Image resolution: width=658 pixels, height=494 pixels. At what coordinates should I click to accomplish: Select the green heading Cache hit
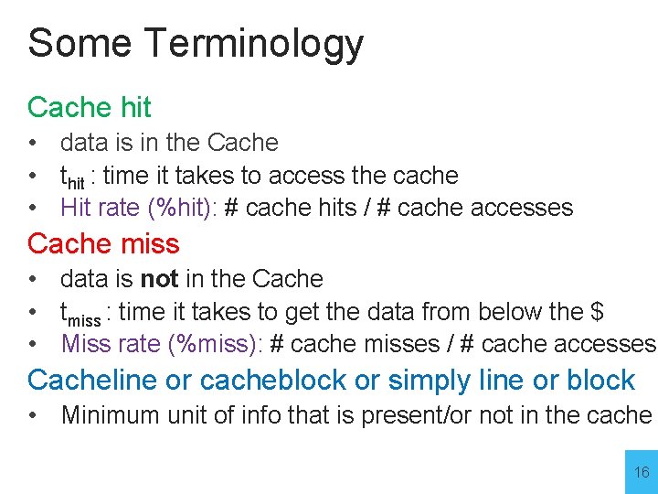(x=90, y=107)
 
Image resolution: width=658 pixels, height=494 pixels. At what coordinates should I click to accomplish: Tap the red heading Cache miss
(x=103, y=244)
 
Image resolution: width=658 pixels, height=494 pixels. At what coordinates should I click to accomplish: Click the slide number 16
(x=642, y=473)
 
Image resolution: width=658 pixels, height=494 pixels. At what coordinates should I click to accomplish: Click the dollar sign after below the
(x=596, y=312)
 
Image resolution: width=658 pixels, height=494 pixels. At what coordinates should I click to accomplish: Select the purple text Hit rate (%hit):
(x=138, y=208)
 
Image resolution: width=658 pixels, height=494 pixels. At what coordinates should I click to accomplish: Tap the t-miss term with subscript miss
(x=80, y=314)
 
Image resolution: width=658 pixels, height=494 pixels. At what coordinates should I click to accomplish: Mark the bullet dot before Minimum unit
(x=33, y=415)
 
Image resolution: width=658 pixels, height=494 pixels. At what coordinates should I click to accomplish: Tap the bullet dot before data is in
(x=33, y=143)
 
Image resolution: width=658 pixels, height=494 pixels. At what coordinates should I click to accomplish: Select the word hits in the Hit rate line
(x=335, y=208)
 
